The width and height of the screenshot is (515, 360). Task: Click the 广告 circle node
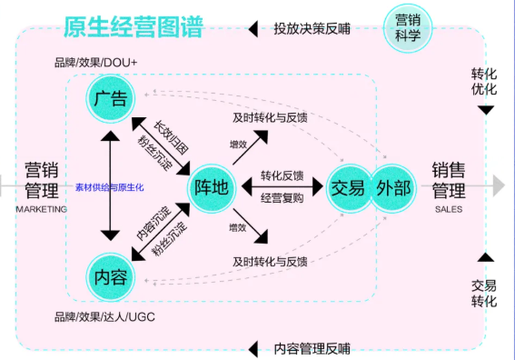click(x=110, y=99)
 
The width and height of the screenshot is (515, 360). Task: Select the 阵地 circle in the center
click(x=212, y=187)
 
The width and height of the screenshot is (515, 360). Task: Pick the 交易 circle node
click(x=348, y=187)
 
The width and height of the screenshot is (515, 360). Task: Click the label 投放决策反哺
click(x=312, y=28)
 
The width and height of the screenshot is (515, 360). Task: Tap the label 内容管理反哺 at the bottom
click(x=312, y=348)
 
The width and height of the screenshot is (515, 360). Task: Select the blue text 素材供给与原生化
click(x=110, y=187)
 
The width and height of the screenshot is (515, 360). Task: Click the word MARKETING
click(x=42, y=208)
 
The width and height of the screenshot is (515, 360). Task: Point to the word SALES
click(x=449, y=208)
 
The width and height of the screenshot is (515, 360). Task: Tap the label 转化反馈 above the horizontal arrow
click(x=282, y=175)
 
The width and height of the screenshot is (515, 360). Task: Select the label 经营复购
click(x=282, y=198)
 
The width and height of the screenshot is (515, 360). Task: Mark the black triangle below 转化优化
click(x=486, y=110)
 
